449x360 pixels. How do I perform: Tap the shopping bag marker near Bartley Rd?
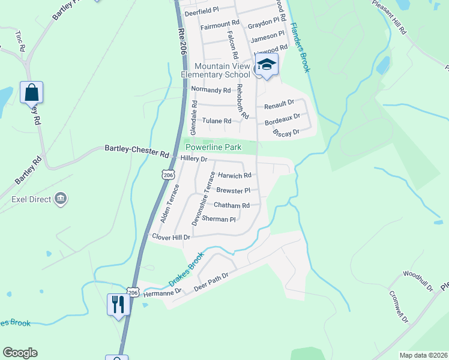pyautogui.click(x=31, y=93)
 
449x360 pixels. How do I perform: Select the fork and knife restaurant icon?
pyautogui.click(x=118, y=304)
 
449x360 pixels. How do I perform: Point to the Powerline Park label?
pyautogui.click(x=213, y=147)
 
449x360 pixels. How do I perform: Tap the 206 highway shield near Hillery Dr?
pyautogui.click(x=169, y=174)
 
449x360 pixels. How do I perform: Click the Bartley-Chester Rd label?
pyautogui.click(x=137, y=151)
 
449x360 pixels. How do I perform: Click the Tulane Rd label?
pyautogui.click(x=216, y=121)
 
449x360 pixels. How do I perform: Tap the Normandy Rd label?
pyautogui.click(x=210, y=90)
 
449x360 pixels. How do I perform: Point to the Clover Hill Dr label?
pyautogui.click(x=171, y=237)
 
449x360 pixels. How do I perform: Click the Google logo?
pyautogui.click(x=20, y=353)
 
